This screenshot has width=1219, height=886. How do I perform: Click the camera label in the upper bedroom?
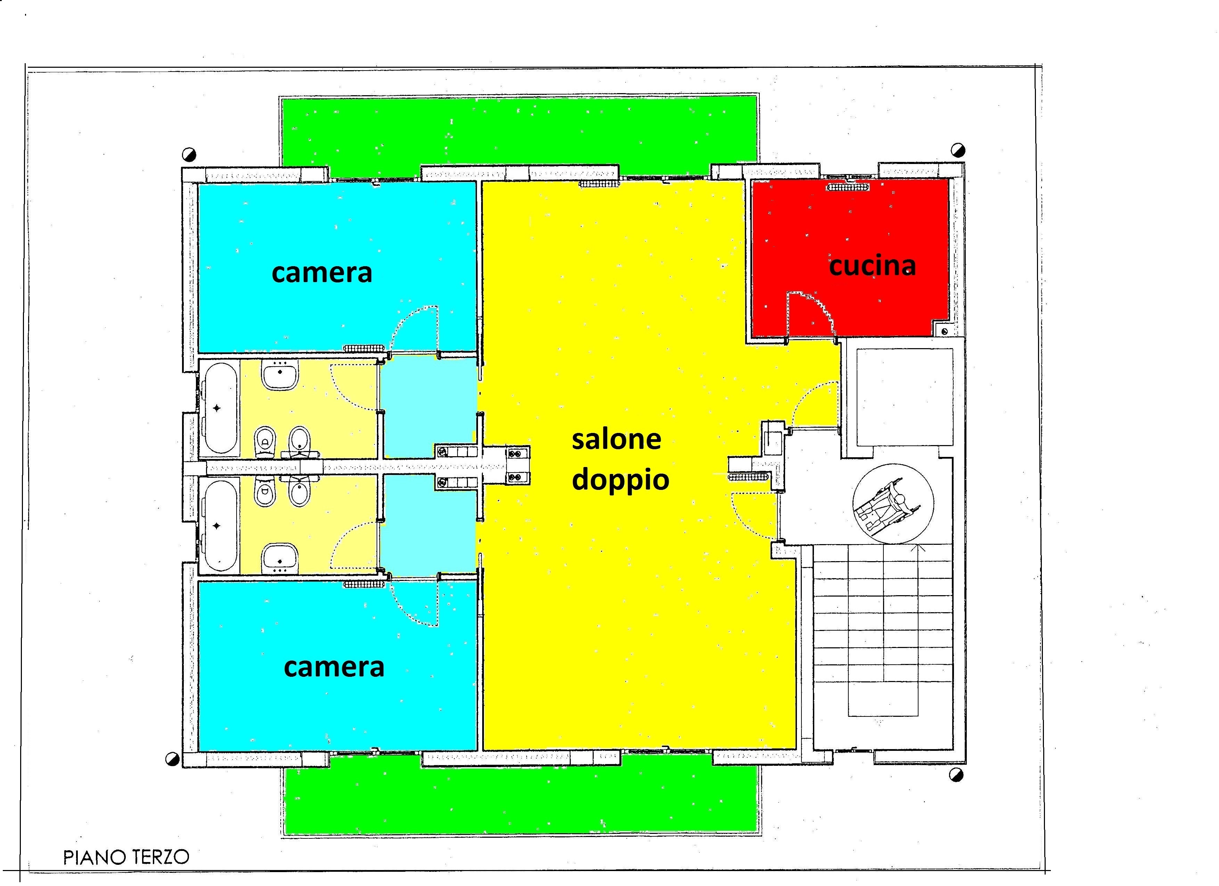click(322, 272)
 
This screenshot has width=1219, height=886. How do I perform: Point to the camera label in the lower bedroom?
click(334, 667)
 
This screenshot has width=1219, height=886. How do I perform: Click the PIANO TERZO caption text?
click(126, 857)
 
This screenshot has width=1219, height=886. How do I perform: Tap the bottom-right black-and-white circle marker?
click(956, 775)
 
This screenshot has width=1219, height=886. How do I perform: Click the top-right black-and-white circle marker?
click(958, 150)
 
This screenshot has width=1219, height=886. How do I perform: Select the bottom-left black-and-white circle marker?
click(173, 759)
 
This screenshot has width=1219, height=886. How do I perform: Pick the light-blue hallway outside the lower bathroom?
click(429, 525)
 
